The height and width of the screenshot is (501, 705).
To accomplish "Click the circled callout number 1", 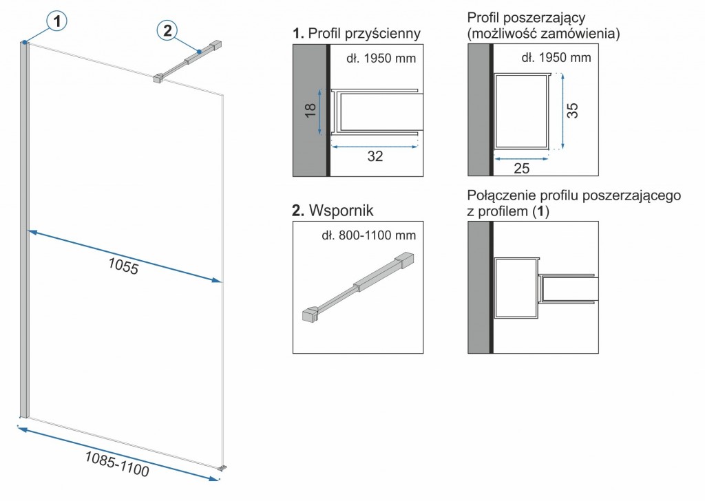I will point(59,22).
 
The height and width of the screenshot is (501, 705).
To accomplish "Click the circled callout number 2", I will point(167,30).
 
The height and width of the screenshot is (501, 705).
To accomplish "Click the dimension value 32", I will point(375,156).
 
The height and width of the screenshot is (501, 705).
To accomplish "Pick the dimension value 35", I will point(573,110).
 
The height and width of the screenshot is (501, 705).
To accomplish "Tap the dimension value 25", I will point(521,168).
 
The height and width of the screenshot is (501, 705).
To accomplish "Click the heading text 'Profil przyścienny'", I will point(365,33).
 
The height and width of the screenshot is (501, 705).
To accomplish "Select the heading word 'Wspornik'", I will point(342,210).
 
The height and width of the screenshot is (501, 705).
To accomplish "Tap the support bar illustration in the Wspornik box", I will point(358,286).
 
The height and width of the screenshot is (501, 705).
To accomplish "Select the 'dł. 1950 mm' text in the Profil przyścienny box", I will point(381,58).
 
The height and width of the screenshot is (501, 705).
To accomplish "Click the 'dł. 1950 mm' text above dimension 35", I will point(556,58).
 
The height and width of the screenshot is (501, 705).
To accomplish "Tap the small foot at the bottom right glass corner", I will point(222,469).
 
